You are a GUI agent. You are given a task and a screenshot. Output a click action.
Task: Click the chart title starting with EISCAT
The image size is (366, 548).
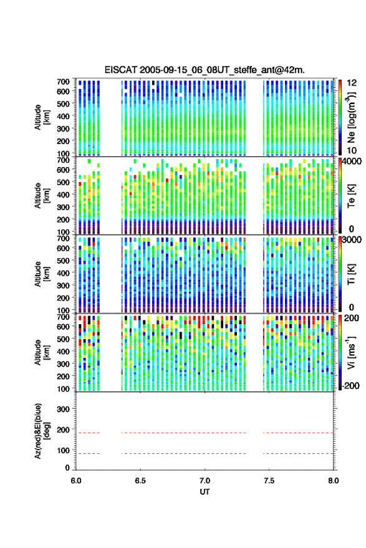[205, 70]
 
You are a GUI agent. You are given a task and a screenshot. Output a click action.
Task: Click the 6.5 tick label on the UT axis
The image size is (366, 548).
[140, 481]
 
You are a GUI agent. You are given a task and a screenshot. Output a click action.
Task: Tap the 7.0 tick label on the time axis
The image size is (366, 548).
[205, 481]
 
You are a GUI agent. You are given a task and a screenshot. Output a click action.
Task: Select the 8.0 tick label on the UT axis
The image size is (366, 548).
[333, 481]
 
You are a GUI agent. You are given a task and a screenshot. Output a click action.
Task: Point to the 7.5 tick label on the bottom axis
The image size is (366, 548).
[269, 481]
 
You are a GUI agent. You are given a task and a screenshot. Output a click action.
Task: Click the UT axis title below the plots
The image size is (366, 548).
[205, 492]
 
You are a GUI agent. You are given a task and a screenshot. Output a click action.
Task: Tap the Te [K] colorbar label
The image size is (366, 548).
[351, 196]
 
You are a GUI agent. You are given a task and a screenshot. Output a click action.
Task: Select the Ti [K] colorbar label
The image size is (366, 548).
[351, 274]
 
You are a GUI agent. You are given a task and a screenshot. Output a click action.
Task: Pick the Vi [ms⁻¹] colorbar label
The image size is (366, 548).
[351, 352]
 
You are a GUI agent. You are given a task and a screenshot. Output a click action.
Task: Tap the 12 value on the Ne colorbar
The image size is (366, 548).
[352, 83]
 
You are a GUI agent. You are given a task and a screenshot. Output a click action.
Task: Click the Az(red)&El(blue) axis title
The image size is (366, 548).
[42, 431]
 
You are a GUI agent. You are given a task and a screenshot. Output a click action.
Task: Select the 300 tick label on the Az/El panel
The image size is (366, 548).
[63, 409]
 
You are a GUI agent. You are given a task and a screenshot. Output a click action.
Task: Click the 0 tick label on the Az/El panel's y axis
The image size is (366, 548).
[67, 468]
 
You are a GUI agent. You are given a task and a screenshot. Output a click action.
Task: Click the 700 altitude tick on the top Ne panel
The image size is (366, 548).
[63, 82]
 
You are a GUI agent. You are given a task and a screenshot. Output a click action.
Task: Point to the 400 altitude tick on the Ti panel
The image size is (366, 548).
[63, 273]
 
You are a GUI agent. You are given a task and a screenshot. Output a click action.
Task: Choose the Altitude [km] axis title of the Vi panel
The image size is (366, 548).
[42, 352]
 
